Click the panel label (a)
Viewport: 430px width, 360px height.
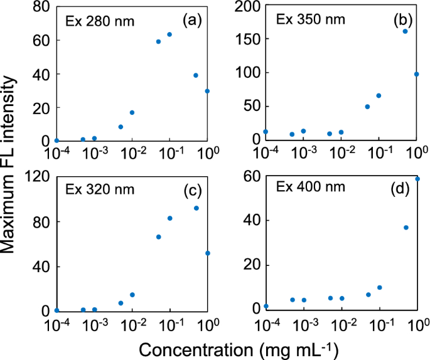[x=191, y=21]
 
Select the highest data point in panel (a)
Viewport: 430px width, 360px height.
[x=169, y=34]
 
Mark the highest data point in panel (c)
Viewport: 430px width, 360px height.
[x=196, y=208]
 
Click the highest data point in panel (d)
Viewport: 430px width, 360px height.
[x=417, y=179]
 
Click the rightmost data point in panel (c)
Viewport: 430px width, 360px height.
[x=208, y=253]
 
